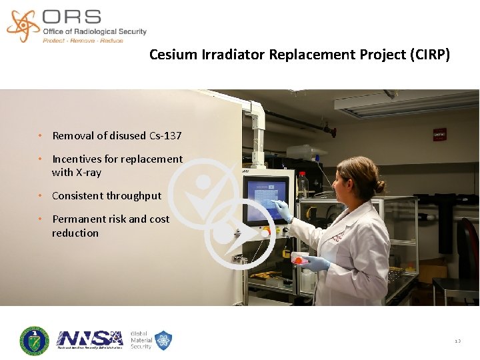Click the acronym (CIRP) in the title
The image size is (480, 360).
click(429, 55)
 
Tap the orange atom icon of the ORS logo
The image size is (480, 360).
click(23, 25)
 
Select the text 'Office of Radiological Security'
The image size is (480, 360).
click(94, 31)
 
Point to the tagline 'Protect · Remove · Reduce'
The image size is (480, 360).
click(83, 41)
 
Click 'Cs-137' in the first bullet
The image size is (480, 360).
click(165, 136)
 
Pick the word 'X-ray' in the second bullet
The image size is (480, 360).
click(88, 173)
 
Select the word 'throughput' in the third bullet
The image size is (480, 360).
click(133, 196)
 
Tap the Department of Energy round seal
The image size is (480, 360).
click(34, 340)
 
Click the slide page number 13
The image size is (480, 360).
click(457, 341)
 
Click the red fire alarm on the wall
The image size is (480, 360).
click(439, 135)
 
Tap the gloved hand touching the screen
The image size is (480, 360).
click(283, 211)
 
